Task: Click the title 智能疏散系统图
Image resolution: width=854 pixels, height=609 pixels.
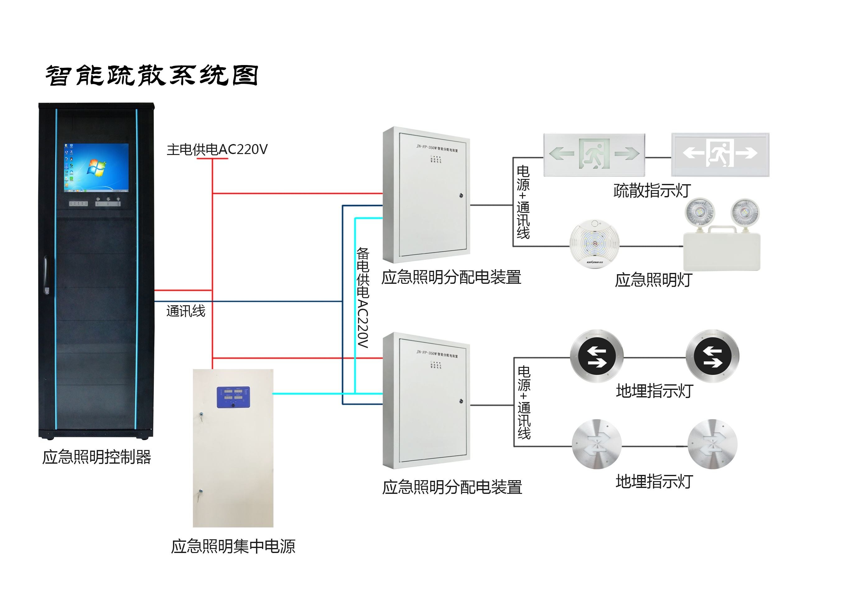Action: (x=152, y=76)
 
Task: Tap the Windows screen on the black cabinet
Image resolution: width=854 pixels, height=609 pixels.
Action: (x=96, y=167)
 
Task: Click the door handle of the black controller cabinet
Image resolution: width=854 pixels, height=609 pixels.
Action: (x=46, y=275)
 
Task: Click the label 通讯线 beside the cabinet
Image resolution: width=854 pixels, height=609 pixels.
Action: (x=185, y=311)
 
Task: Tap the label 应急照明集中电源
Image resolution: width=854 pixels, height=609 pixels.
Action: (x=233, y=546)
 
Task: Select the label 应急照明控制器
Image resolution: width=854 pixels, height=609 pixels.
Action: (x=96, y=457)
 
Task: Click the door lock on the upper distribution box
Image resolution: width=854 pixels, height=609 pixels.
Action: (x=461, y=195)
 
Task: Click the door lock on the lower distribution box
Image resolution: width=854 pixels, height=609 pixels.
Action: (x=461, y=401)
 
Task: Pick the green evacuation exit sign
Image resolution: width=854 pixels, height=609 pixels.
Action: (x=594, y=154)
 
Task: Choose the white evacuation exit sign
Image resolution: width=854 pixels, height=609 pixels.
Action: (x=720, y=154)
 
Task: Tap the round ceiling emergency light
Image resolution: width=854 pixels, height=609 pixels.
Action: (x=594, y=244)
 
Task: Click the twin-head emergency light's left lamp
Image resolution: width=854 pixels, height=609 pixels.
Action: (x=700, y=213)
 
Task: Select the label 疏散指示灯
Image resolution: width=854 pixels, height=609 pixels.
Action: (x=652, y=190)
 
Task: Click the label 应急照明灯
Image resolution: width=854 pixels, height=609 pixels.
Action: (x=653, y=280)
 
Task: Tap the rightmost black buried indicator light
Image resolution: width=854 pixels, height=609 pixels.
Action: (x=712, y=356)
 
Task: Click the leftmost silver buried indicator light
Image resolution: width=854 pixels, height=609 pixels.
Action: (x=596, y=444)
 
